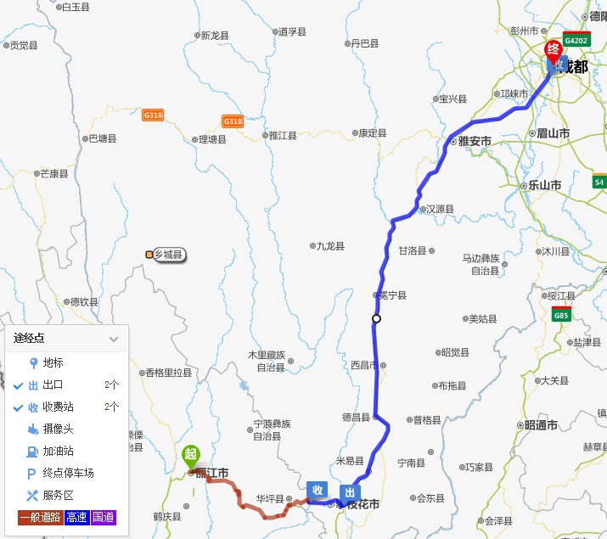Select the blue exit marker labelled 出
[x=349, y=492]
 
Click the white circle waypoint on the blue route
[x=376, y=319]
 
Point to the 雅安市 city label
[x=475, y=142]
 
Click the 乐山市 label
[x=544, y=185]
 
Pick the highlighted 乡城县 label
[x=168, y=254]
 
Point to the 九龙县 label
[x=329, y=246]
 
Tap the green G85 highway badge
[x=561, y=316]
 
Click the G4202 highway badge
[x=576, y=40]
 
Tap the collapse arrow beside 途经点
[x=114, y=339]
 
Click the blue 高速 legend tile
[x=77, y=517]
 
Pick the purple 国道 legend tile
[x=104, y=517]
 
